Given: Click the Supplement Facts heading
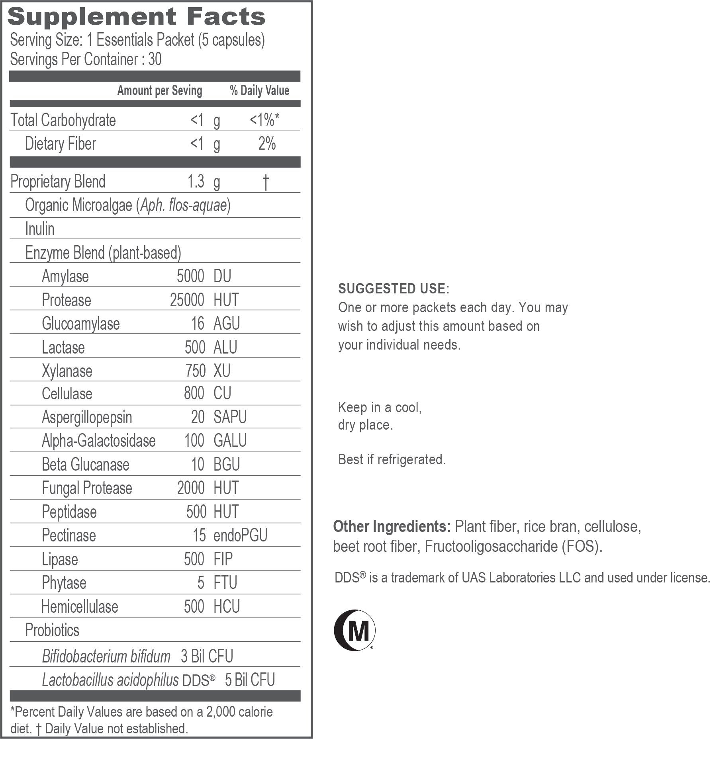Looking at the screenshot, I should (x=136, y=17).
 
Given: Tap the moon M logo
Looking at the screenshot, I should (x=354, y=630).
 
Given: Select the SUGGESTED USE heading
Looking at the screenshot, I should (x=394, y=289).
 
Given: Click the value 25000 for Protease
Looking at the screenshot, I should (x=187, y=300).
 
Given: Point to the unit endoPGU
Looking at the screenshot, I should (x=240, y=535).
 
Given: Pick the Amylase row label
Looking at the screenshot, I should (x=65, y=276).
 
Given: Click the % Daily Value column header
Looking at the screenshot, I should (x=259, y=91).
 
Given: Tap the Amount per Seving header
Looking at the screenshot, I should (x=160, y=91).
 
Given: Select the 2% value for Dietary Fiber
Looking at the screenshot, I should (x=267, y=144).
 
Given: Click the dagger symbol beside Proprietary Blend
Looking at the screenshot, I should (x=266, y=182).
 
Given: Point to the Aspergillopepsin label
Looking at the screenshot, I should (x=87, y=417).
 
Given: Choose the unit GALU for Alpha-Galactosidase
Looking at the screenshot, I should (x=230, y=441).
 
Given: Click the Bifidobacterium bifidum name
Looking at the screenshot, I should (x=106, y=657).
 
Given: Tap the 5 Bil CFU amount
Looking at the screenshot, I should (x=250, y=680).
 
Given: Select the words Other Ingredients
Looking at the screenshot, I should (x=392, y=527).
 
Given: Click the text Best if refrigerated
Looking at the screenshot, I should (x=392, y=459).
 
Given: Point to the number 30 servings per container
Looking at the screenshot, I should (x=155, y=59).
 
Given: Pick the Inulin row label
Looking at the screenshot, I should (x=40, y=229).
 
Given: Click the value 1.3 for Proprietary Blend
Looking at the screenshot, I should (x=196, y=182).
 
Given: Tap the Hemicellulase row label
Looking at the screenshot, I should (x=80, y=607).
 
